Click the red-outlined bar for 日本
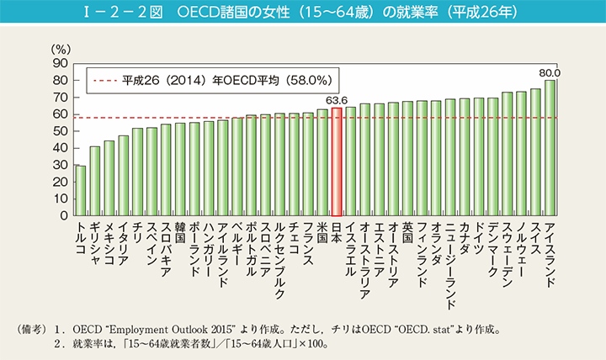coord(336,161)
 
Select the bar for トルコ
coord(81,191)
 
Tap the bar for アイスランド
coord(550,148)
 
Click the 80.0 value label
coord(550,73)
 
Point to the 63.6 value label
coord(336,101)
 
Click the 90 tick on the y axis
coord(60,63)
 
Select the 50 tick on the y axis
coord(60,131)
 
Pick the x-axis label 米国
coord(322,232)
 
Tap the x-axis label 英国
coord(407,232)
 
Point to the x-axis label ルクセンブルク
coord(279,262)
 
